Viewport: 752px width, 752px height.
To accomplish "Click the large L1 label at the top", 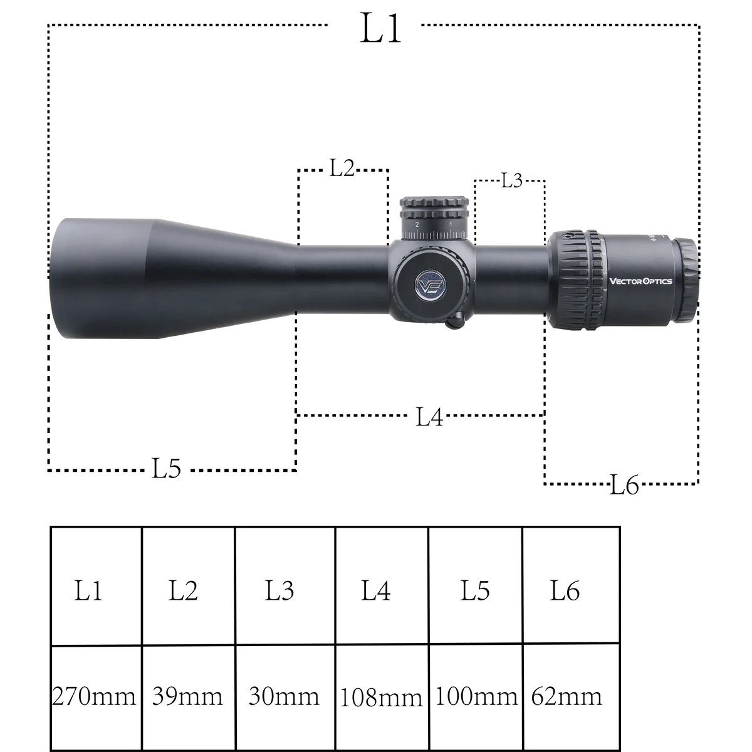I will [x=380, y=28].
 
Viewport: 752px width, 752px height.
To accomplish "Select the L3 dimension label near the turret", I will [x=511, y=180].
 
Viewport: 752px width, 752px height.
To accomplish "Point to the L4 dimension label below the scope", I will [x=429, y=417].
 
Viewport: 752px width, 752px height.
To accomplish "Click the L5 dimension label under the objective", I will [x=166, y=468].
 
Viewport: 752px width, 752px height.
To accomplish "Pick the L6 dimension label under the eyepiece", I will [x=624, y=485].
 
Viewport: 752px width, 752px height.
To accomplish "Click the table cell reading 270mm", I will [x=95, y=696].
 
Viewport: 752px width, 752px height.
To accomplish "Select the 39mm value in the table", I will [x=187, y=696].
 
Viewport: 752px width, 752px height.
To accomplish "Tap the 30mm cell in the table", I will [x=284, y=696].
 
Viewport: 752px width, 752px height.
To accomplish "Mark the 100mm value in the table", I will [x=476, y=696].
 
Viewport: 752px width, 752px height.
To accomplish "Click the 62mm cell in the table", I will [x=567, y=696].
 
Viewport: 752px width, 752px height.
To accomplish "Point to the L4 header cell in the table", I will [x=376, y=590].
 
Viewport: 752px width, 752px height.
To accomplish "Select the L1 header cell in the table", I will [x=88, y=590].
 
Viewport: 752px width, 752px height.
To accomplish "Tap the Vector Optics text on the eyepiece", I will [x=640, y=281].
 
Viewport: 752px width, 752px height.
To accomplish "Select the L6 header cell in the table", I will [x=565, y=590].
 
